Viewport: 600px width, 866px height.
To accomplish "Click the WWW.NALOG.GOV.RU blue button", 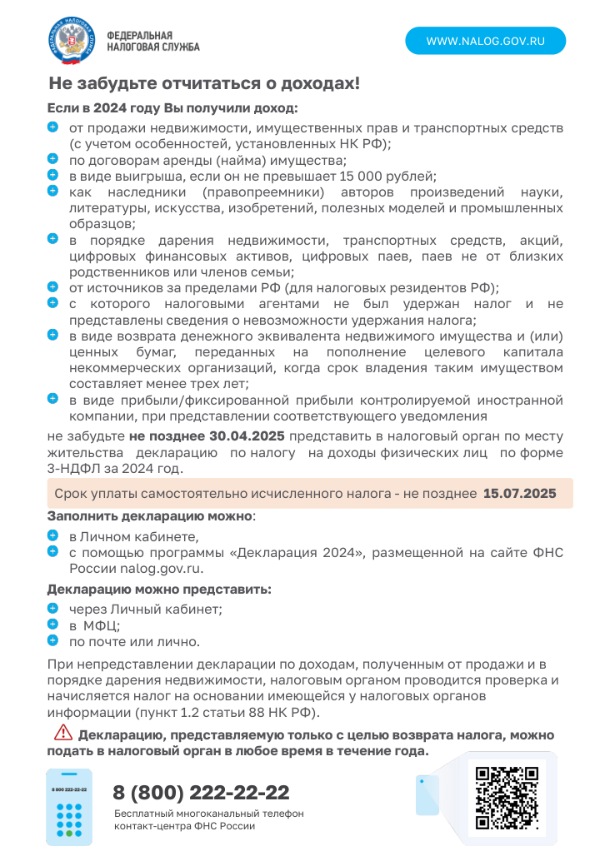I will pos(485,41).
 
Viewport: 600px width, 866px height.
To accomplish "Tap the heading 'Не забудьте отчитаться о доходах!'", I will pos(204,84).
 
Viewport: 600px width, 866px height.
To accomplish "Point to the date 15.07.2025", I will pos(519,494).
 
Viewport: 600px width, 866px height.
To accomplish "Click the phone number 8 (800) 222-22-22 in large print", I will pos(201,792).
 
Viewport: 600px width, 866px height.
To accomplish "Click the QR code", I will pos(507,798).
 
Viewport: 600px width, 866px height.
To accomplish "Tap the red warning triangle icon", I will pos(63,734).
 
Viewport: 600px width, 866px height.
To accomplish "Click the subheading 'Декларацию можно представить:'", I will pos(158,590).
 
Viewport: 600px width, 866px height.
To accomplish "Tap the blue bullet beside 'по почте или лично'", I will pos(52,640).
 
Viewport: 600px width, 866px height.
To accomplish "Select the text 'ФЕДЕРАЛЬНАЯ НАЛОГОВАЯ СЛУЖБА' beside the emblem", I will pos(152,41).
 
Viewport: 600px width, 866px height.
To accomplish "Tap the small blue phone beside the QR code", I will pos(427,794).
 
